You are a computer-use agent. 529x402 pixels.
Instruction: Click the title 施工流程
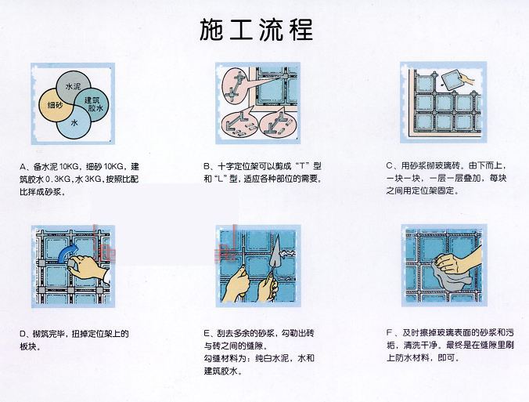click(257, 30)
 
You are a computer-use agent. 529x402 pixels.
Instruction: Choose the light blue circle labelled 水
click(74, 123)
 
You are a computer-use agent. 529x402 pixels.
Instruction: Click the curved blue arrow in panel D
click(67, 254)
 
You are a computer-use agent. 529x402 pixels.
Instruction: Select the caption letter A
click(23, 167)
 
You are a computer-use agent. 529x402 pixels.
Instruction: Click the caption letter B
click(207, 166)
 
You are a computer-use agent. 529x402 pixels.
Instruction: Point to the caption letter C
click(390, 166)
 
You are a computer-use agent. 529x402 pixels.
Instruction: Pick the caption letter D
click(23, 334)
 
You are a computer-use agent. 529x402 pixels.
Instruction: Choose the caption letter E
click(207, 333)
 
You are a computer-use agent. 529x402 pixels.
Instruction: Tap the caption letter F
click(390, 333)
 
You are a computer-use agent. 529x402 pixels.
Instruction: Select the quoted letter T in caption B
click(302, 166)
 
